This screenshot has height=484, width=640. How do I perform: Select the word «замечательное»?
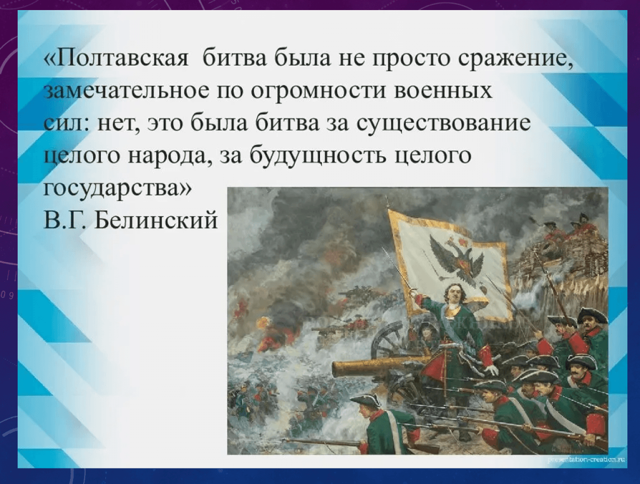(127, 91)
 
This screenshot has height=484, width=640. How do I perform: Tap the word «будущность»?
(319, 155)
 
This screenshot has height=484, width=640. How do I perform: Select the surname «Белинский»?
(157, 221)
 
